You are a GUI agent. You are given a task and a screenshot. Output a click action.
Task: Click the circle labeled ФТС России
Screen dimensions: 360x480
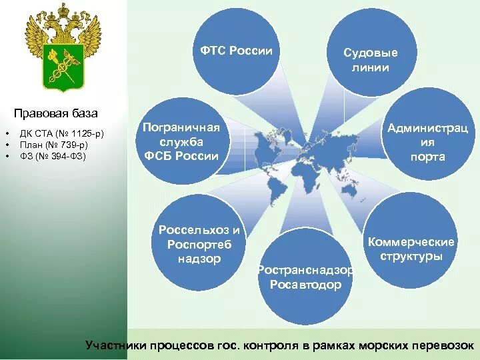coord(237,51)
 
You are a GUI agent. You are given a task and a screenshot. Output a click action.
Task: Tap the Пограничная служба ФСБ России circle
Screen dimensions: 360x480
coord(181,141)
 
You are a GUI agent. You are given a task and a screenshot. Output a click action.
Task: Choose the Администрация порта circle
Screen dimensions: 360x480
coord(427,142)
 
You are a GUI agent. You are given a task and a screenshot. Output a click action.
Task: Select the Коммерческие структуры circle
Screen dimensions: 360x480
coord(411,247)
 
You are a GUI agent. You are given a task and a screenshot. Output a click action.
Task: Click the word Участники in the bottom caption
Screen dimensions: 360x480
coord(116,345)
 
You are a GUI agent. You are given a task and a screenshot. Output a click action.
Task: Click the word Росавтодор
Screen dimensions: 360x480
coord(305,285)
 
